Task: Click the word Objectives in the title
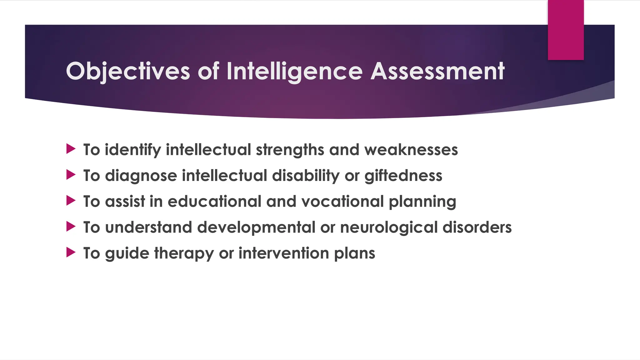point(128,71)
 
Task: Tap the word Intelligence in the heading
point(294,71)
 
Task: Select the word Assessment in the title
point(437,71)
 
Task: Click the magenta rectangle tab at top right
point(566,30)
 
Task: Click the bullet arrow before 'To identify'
point(71,149)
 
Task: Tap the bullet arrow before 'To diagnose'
point(71,175)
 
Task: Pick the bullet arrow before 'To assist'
point(71,201)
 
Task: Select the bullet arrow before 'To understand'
point(71,227)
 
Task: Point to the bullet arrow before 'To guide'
point(71,252)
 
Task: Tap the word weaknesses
point(411,150)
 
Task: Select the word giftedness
point(403,176)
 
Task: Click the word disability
point(306,176)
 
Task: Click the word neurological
point(389,227)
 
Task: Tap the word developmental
point(256,227)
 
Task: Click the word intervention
point(284,253)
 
